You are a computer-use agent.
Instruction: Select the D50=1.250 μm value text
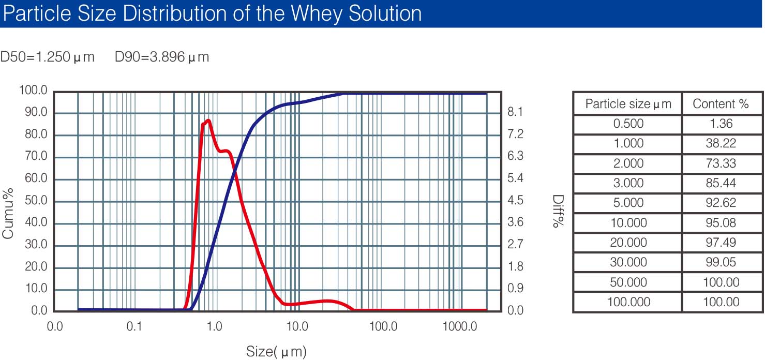coord(48,57)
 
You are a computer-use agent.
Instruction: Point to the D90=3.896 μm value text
coord(162,57)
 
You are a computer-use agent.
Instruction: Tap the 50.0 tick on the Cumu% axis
coord(36,200)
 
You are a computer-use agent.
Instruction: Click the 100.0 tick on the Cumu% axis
coord(33,90)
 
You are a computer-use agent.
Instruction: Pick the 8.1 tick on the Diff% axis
coord(515,112)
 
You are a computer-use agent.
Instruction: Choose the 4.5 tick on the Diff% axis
coord(515,200)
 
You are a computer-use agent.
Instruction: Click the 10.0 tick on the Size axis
coord(297,326)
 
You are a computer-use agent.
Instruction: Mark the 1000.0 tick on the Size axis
coord(460,326)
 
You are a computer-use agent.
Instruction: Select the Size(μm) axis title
coord(276,351)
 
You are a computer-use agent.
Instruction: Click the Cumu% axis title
coord(8,214)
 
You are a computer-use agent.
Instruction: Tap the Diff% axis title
coord(558,211)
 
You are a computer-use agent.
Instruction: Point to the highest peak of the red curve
coord(208,120)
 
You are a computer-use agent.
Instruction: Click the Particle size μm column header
coord(628,104)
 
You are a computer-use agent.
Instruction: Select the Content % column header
coord(721,104)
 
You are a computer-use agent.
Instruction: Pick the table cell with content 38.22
coord(721,143)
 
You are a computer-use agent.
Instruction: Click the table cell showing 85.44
coord(721,183)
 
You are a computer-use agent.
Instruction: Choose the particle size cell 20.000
coord(628,243)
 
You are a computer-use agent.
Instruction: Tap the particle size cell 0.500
coord(628,124)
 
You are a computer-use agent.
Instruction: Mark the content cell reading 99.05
coord(721,262)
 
